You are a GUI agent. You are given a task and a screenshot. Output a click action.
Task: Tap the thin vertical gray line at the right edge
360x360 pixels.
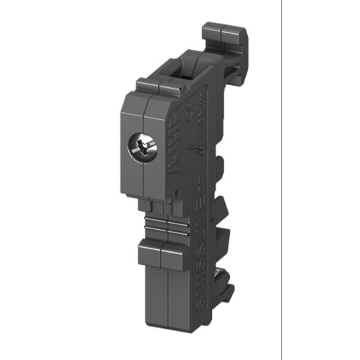tap(282, 180)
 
